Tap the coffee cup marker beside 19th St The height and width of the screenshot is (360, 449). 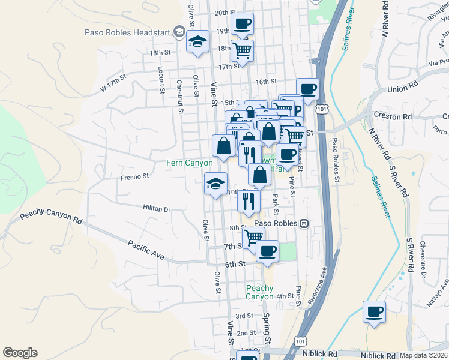242,25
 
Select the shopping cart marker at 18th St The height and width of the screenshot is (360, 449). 242,50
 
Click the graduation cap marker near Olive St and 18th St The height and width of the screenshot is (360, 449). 197,42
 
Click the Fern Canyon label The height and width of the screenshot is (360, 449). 190,163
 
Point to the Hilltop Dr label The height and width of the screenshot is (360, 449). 157,209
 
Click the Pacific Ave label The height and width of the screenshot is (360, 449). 145,250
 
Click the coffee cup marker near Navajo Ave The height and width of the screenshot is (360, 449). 374,312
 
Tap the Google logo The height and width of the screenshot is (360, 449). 20,353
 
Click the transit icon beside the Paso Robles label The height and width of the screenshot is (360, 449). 304,223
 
